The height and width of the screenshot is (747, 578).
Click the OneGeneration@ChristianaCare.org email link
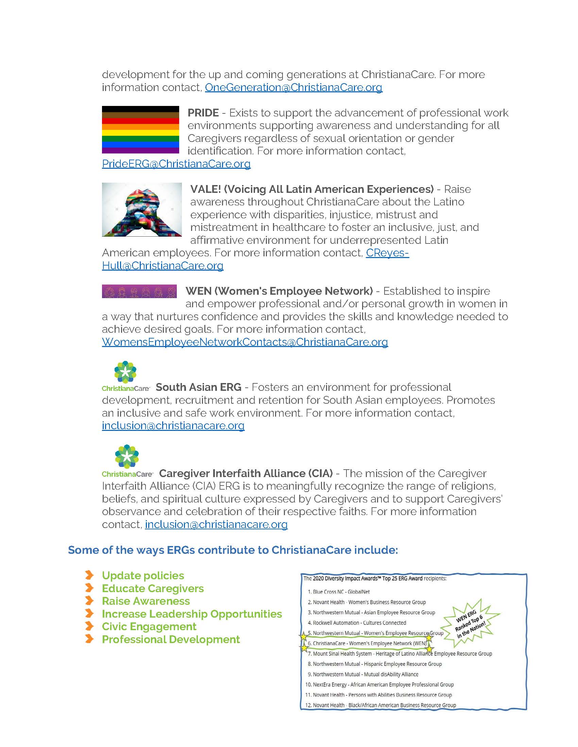293,88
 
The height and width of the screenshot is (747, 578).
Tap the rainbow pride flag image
140,130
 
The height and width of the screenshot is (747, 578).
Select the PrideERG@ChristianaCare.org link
176,164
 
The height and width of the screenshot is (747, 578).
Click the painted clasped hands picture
142,209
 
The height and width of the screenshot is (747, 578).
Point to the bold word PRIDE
203,113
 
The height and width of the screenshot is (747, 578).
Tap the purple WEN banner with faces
139,291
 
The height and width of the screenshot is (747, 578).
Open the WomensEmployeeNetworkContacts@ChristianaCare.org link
245,342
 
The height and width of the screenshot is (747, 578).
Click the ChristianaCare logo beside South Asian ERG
126,376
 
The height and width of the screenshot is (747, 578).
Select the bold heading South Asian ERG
199,387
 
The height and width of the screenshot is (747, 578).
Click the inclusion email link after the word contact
216,524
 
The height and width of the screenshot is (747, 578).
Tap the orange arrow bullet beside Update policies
89,575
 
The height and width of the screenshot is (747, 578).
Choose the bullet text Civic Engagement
149,626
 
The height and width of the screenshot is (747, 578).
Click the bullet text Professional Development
171,640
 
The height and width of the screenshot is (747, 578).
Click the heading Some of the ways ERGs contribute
233,550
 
